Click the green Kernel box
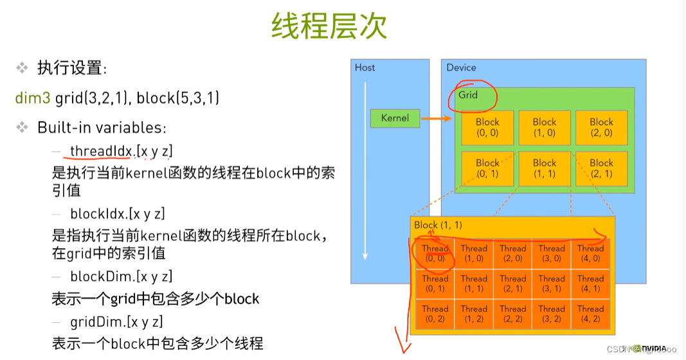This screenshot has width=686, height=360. tap(395, 118)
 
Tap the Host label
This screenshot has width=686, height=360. tap(365, 67)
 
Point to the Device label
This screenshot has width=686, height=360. tap(461, 67)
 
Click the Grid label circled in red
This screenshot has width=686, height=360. tap(468, 94)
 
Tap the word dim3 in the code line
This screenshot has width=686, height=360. tap(33, 98)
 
